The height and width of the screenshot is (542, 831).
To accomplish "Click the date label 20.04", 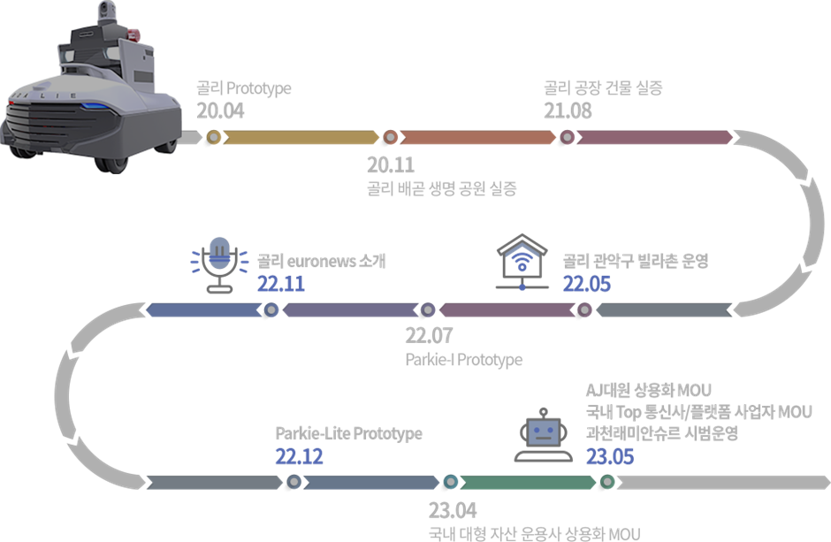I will pyautogui.click(x=220, y=111).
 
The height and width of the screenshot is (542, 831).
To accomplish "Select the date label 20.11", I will pyautogui.click(x=391, y=165).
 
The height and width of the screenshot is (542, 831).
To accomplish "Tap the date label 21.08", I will pyautogui.click(x=568, y=111).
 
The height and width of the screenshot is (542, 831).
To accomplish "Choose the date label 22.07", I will pyautogui.click(x=429, y=337).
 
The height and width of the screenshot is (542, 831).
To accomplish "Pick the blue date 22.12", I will pyautogui.click(x=299, y=456).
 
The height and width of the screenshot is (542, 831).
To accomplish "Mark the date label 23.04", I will pyautogui.click(x=453, y=511).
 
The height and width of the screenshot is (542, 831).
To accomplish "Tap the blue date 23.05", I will pyautogui.click(x=610, y=456).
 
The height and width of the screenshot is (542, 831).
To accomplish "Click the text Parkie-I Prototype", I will pyautogui.click(x=463, y=360).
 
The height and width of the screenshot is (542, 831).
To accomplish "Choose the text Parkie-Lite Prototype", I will pyautogui.click(x=348, y=434).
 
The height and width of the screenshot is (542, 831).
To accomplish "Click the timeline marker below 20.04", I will pyautogui.click(x=213, y=138).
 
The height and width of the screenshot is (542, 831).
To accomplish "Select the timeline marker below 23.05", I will pyautogui.click(x=607, y=482).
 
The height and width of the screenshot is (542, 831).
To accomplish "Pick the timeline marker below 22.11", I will pyautogui.click(x=271, y=310).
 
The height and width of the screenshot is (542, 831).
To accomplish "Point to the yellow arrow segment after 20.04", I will pyautogui.click(x=301, y=138).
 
